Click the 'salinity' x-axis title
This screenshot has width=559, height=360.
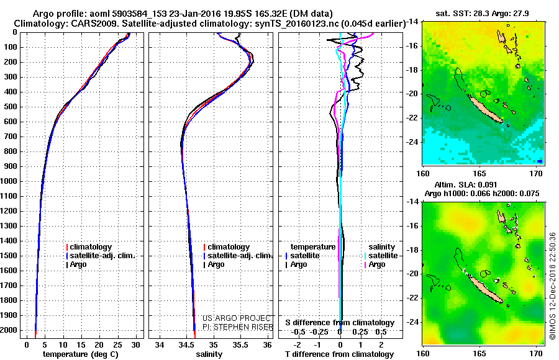208,354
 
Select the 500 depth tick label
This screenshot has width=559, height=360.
12,107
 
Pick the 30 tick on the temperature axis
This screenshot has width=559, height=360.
134,344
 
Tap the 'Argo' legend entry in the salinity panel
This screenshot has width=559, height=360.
216,264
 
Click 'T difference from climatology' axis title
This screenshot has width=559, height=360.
340,354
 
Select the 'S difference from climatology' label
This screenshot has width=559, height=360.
340,323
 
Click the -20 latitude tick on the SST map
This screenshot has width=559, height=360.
413,94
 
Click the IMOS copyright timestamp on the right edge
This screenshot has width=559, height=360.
552,287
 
